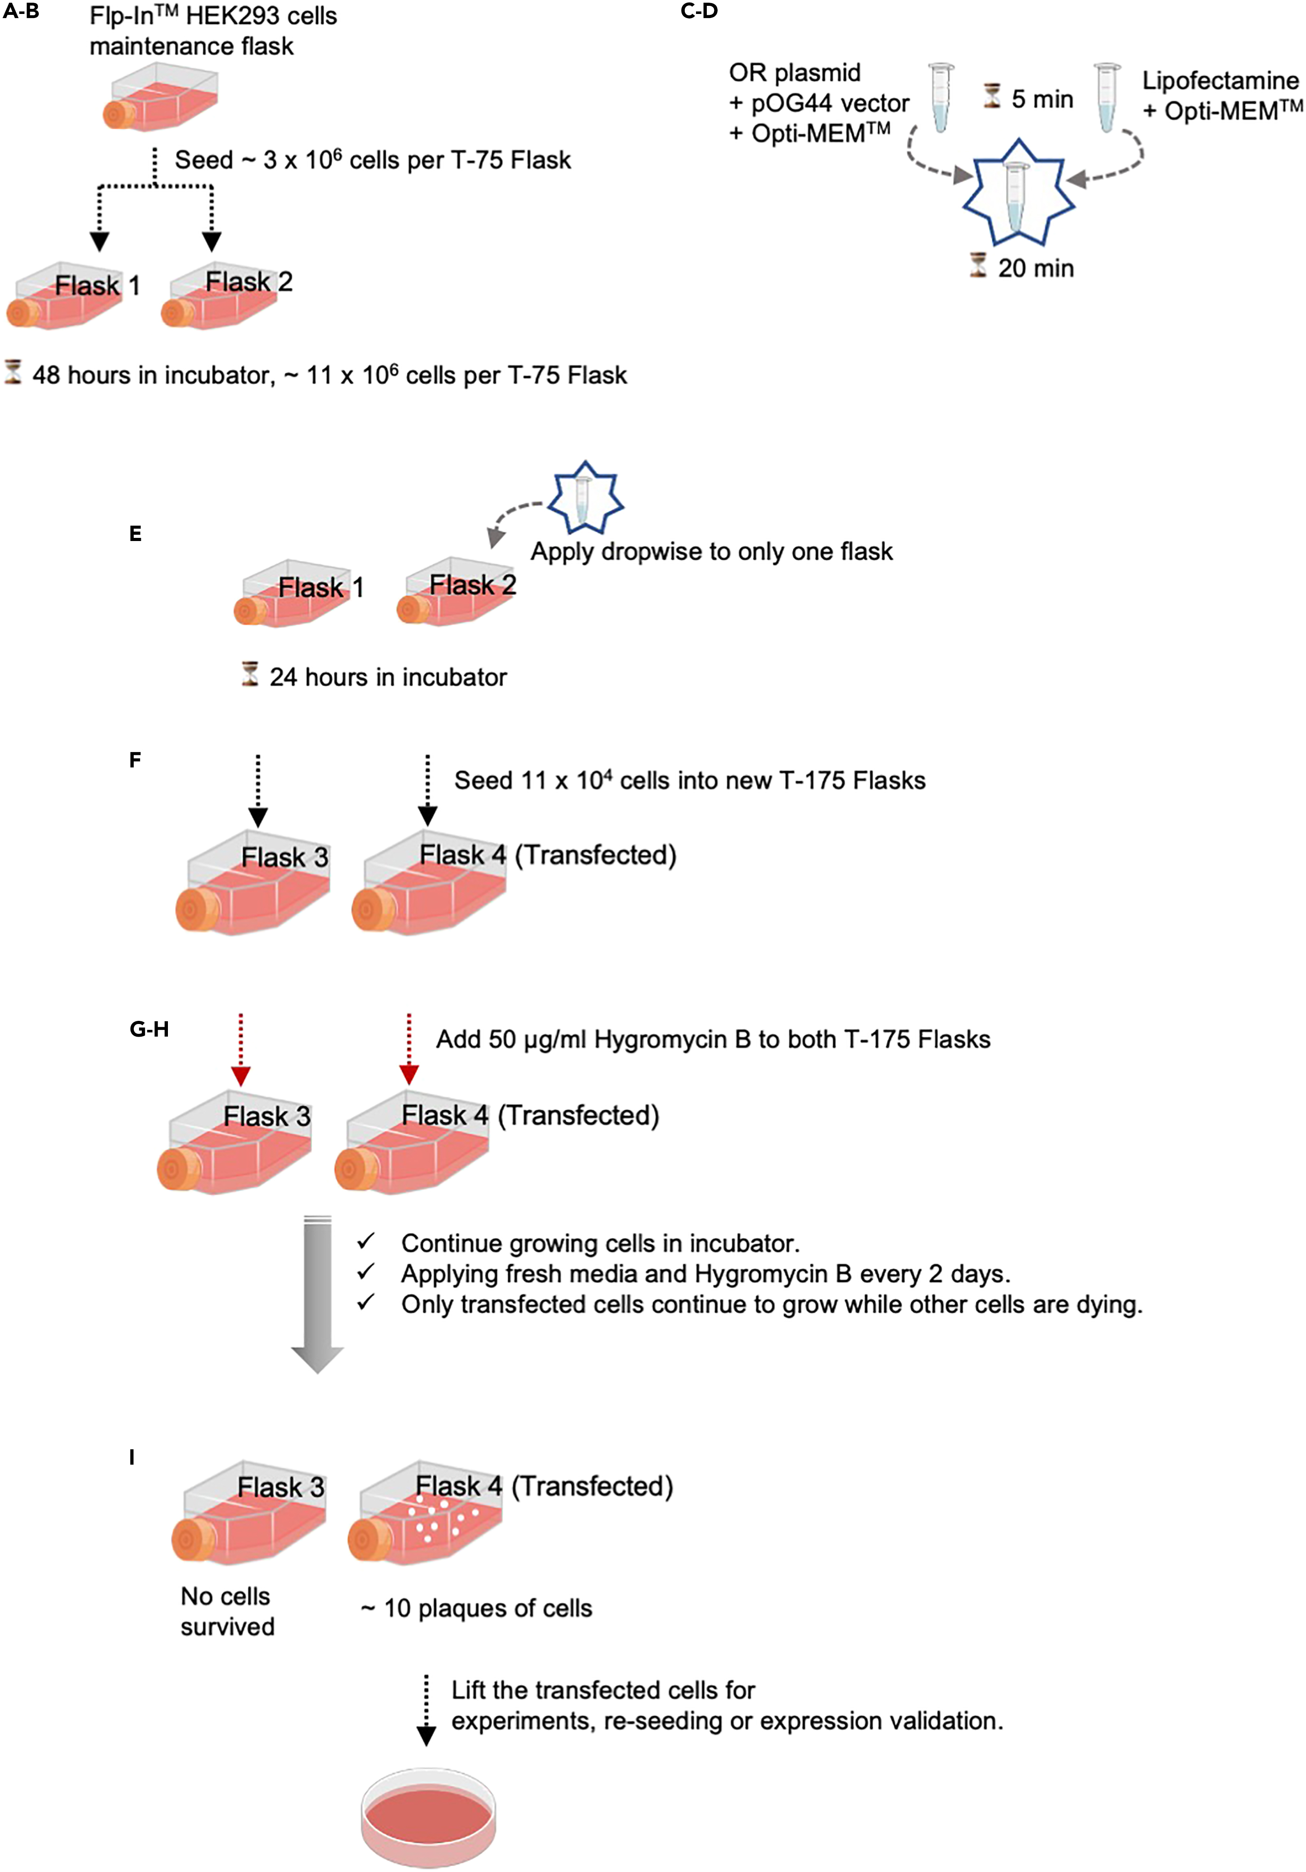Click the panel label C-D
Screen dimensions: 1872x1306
[699, 11]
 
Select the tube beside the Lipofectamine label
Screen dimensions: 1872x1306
[1106, 97]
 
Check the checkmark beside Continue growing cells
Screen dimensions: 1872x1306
[366, 1241]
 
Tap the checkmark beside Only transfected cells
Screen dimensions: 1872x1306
[366, 1302]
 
